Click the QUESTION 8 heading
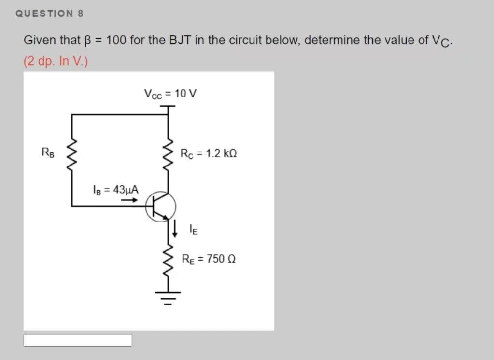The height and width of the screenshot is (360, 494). tap(49, 14)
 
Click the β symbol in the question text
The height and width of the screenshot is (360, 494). tap(88, 40)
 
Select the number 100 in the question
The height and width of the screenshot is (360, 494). tap(116, 40)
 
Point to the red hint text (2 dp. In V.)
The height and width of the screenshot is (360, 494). tap(56, 62)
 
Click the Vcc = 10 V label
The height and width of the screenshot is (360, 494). tap(170, 93)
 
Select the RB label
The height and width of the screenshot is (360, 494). tap(48, 153)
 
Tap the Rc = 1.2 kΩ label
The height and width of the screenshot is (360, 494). tap(209, 154)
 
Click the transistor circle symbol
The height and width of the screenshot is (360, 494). tap(161, 207)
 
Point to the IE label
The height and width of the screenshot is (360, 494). tap(194, 230)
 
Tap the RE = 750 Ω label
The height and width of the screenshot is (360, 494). tap(209, 259)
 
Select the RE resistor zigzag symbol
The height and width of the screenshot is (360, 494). tap(168, 259)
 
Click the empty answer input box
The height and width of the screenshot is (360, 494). tap(78, 341)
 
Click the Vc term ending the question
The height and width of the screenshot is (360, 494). tap(441, 41)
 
